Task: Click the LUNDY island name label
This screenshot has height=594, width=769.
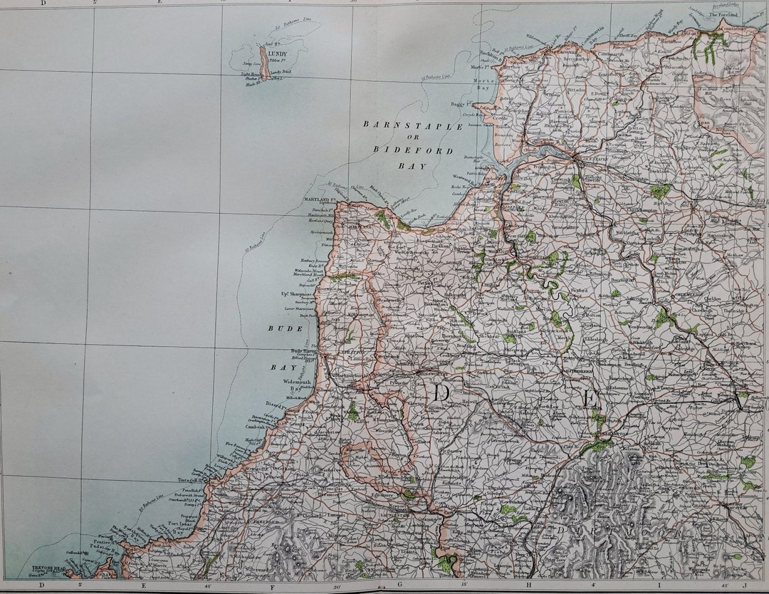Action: click(277, 53)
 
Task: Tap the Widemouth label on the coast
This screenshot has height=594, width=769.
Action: click(297, 382)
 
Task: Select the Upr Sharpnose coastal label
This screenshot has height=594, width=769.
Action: click(298, 293)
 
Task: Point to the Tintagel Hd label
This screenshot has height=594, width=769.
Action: click(191, 480)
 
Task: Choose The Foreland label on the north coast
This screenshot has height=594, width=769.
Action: click(723, 14)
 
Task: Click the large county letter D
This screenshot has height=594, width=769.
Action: click(441, 393)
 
